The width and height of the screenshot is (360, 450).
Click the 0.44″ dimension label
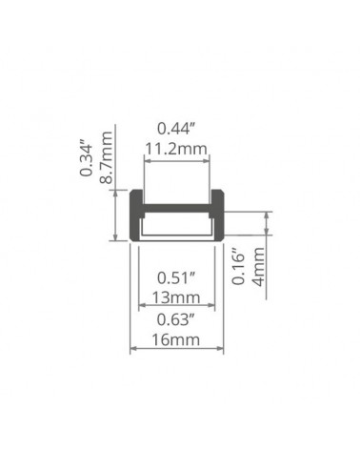(175, 129)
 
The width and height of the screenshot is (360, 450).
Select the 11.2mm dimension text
(175, 149)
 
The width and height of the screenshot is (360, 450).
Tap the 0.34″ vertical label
(87, 158)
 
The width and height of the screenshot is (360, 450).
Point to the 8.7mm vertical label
(106, 157)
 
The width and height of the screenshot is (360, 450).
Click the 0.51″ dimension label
(175, 278)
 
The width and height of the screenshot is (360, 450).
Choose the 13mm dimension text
(176, 298)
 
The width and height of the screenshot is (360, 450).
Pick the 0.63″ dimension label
(175, 319)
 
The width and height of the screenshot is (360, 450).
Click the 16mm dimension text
(176, 340)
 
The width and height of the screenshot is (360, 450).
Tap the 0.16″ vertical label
(239, 265)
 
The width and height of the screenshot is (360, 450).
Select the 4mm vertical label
(258, 267)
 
